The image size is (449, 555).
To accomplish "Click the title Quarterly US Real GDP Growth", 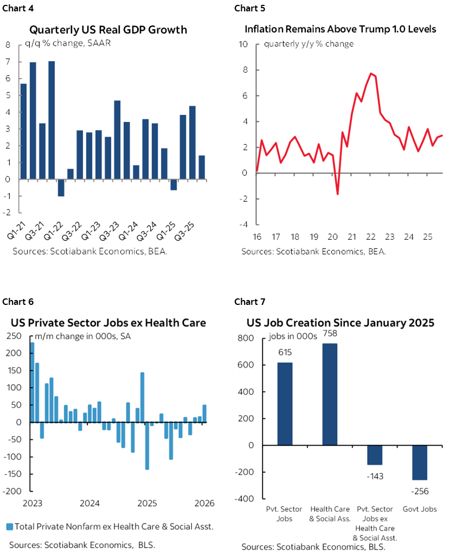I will pos(108,30).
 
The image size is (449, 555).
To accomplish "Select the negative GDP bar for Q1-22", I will pos(61,188).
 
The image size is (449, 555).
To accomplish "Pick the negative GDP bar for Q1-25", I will pos(174,185).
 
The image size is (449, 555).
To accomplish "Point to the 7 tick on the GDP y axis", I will pos(8,62).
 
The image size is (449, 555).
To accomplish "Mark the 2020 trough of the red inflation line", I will pos(337,193).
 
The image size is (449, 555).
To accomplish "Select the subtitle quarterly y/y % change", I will pos(309,44).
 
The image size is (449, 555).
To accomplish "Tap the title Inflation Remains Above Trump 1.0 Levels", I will pos(340,29).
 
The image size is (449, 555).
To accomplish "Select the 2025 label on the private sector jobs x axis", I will pos(147,503).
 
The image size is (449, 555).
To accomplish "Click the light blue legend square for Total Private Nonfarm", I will pos(10,526).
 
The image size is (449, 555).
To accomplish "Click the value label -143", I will pos(374,476).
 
